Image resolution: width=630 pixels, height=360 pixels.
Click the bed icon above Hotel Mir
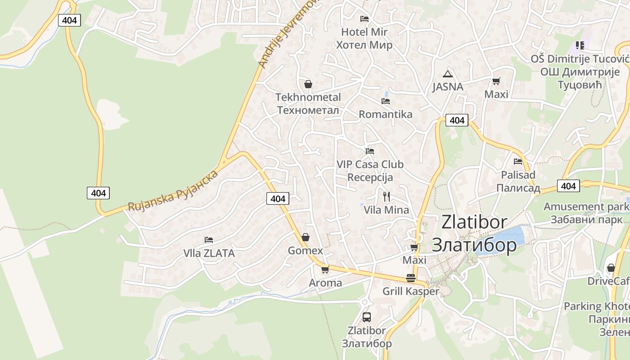364,18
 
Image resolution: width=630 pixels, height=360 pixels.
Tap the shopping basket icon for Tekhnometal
308,84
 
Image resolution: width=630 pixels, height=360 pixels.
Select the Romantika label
385,114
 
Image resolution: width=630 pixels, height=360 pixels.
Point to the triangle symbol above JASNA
447,74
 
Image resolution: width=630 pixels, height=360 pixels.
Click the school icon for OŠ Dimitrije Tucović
580,45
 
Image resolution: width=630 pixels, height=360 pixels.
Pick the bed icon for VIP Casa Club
370,151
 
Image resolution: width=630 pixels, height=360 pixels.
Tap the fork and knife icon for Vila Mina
386,196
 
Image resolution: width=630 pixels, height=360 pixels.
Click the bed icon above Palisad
518,161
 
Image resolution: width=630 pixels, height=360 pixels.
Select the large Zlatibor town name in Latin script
474,222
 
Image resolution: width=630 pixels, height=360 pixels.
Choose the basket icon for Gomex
306,237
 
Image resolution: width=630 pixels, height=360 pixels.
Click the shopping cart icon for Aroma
325,270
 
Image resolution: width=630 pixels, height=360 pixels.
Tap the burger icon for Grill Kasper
410,278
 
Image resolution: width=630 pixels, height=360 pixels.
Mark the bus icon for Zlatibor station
367,317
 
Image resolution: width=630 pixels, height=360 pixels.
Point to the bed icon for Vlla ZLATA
209,239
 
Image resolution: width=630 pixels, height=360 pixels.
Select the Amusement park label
586,207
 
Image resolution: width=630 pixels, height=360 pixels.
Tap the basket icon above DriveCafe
611,268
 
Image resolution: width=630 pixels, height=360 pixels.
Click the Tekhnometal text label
308,97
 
